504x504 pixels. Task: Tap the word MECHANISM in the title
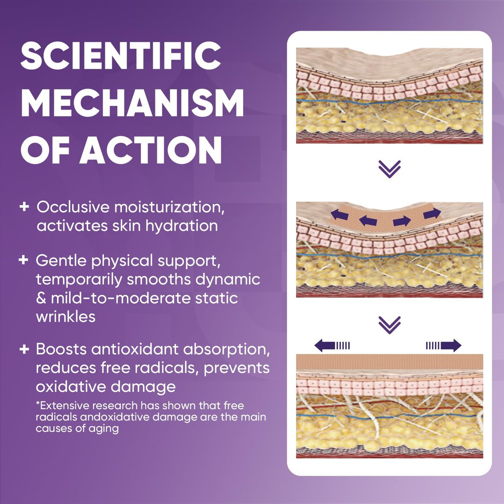132,103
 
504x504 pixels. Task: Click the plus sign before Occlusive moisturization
24,207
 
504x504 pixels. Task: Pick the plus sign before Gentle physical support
24,260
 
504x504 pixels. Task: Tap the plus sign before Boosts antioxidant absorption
24,349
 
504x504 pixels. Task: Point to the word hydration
181,226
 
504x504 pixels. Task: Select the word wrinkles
66,317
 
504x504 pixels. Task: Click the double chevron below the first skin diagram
389,169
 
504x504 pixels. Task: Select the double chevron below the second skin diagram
389,325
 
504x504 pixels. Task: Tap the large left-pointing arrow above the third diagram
332,346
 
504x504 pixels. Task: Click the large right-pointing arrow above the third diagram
444,346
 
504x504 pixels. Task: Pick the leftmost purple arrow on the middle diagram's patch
339,216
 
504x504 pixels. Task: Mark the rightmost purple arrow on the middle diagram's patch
432,213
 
